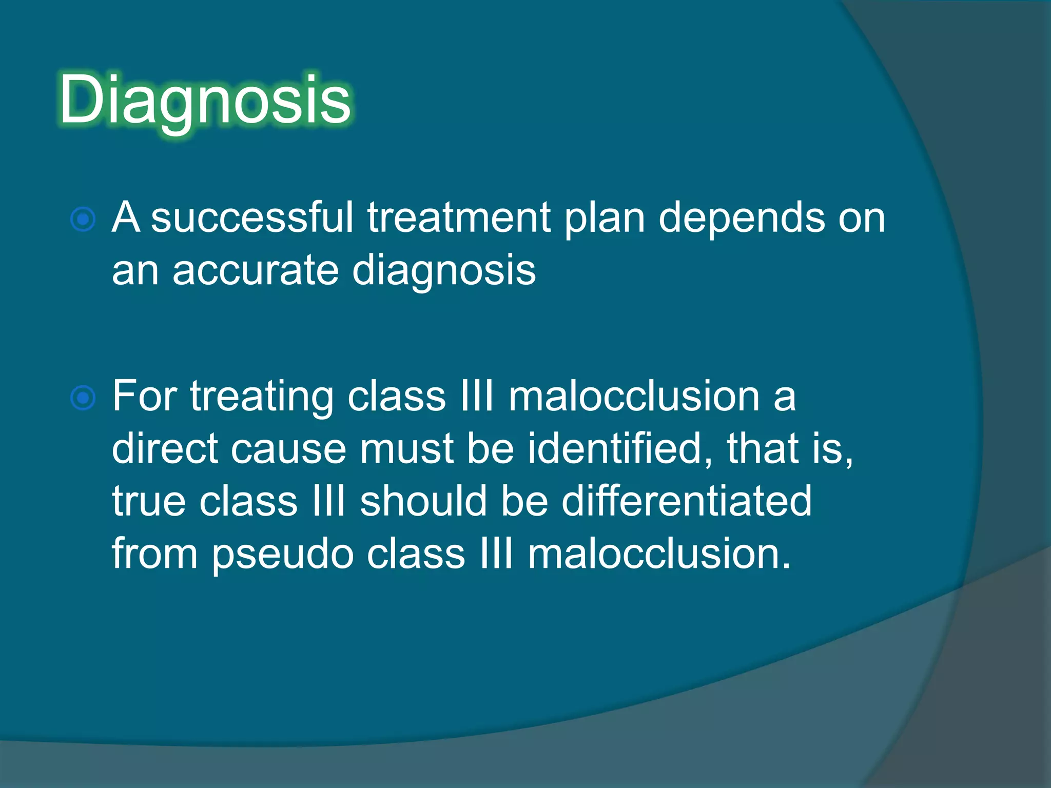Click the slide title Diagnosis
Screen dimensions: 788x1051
pyautogui.click(x=205, y=100)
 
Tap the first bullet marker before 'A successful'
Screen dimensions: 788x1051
pyautogui.click(x=83, y=220)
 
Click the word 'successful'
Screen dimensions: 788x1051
pyautogui.click(x=252, y=218)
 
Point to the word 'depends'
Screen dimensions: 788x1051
pyautogui.click(x=742, y=218)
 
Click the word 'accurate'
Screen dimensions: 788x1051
pyautogui.click(x=256, y=271)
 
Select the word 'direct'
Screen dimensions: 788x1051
pyautogui.click(x=164, y=448)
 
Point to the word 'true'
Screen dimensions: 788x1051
pyautogui.click(x=149, y=502)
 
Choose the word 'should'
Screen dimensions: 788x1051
pyautogui.click(x=423, y=501)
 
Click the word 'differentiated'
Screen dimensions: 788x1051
pyautogui.click(x=687, y=501)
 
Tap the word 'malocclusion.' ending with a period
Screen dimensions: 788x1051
pyautogui.click(x=659, y=554)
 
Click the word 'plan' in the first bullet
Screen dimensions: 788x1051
pyautogui.click(x=604, y=219)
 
